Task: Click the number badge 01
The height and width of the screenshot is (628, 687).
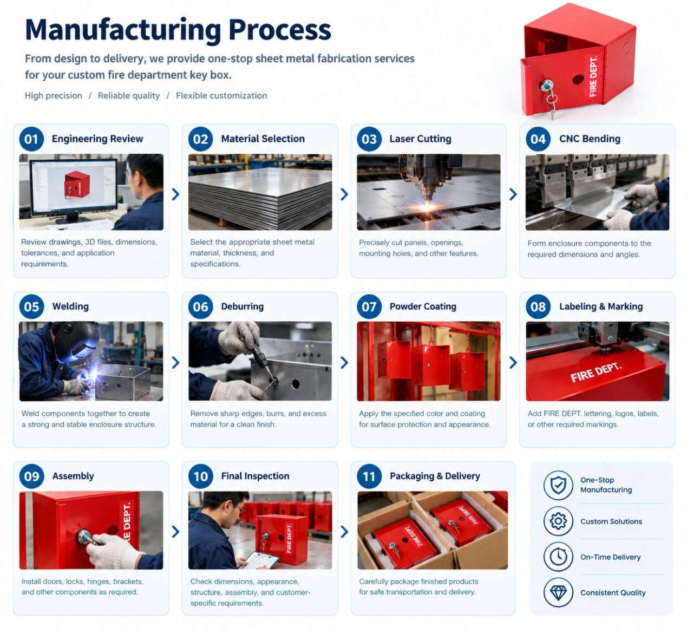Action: (x=31, y=139)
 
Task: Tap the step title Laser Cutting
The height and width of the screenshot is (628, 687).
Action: (x=420, y=139)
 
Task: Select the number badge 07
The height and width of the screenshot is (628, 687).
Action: (x=369, y=306)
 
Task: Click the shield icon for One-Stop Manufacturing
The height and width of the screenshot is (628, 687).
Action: (x=558, y=485)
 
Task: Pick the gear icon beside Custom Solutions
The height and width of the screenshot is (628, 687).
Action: (x=558, y=521)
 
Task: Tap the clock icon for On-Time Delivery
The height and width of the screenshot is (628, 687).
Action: (x=558, y=557)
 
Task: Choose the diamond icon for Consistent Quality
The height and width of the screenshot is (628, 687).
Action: (x=558, y=592)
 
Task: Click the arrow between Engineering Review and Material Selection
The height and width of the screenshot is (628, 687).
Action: (x=175, y=194)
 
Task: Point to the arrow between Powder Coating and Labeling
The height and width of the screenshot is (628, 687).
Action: (x=513, y=362)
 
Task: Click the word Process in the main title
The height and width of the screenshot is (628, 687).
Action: (x=280, y=30)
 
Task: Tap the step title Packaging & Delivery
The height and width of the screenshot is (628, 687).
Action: (x=435, y=476)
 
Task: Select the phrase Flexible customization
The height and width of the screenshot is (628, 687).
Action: (x=221, y=96)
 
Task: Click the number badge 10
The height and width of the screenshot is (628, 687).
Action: (x=201, y=476)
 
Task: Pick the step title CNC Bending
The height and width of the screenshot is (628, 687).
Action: (x=590, y=139)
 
